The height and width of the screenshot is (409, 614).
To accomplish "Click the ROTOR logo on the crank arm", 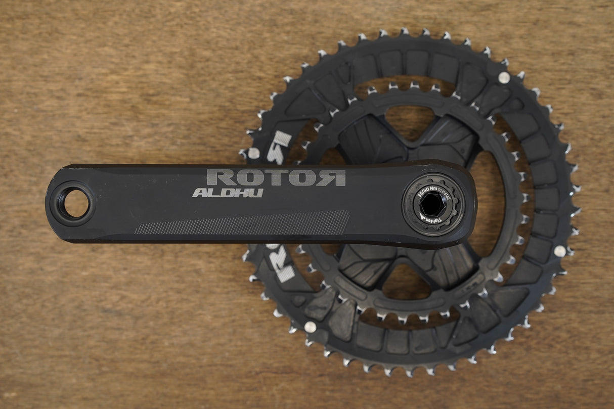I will point(276,177).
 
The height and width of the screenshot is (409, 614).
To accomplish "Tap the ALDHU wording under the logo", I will point(228,193).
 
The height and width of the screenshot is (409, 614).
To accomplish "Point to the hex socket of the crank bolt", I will point(433,204).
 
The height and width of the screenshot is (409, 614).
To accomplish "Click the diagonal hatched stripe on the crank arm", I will point(243,222).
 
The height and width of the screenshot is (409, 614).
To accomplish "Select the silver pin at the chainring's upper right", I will point(504,77).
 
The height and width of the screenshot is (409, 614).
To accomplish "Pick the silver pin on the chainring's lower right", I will point(559,251).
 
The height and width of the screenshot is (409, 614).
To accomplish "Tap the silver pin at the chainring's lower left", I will point(310,327).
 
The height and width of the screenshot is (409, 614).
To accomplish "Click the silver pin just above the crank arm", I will point(253,153).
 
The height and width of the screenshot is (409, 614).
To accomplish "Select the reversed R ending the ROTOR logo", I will point(334,177).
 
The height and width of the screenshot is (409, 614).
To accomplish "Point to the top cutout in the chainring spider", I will point(410,121).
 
